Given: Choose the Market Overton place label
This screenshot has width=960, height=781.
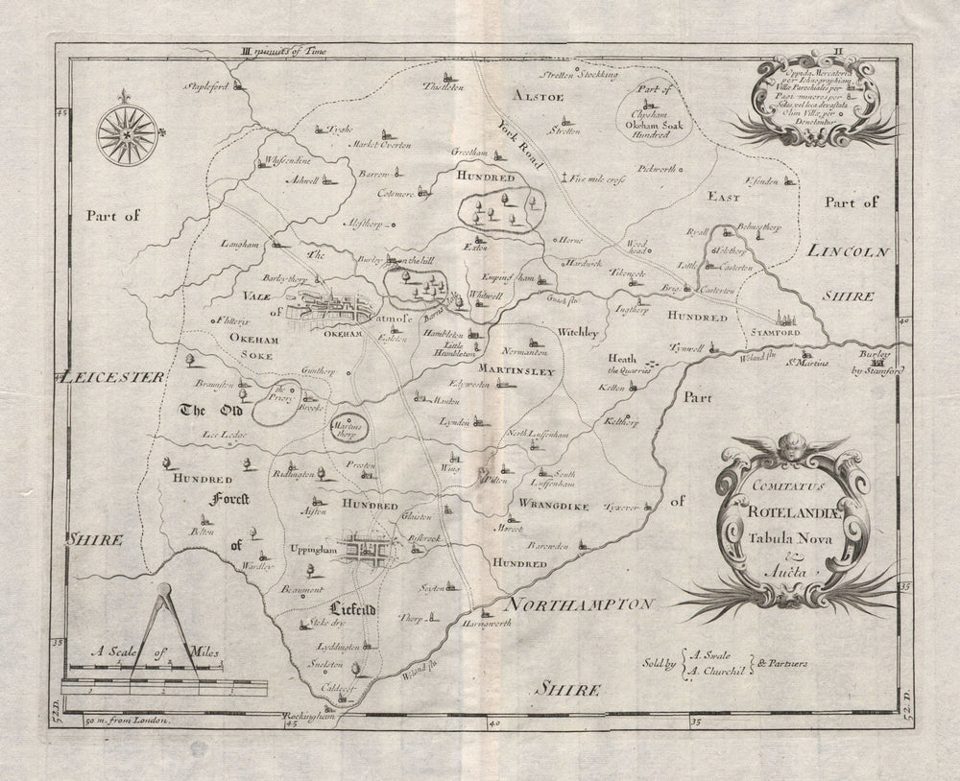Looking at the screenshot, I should click(x=382, y=145).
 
